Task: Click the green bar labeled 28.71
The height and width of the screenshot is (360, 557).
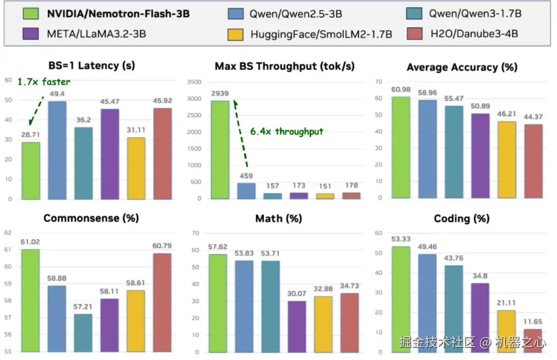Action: (30, 170)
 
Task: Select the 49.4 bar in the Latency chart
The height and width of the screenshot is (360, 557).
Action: (57, 150)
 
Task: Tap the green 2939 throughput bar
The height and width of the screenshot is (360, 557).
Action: (220, 150)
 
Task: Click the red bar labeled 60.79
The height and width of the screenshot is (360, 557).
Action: (162, 302)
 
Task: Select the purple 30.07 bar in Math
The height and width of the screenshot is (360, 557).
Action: (297, 326)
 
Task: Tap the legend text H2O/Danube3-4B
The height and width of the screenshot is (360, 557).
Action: (474, 34)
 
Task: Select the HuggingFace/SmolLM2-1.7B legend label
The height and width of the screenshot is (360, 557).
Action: (321, 34)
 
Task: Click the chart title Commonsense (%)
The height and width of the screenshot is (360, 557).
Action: (91, 218)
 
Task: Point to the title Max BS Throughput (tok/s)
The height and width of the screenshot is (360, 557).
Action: (284, 67)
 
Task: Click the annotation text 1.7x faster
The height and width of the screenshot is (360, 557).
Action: (43, 81)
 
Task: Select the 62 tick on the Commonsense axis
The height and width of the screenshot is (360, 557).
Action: (8, 233)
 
